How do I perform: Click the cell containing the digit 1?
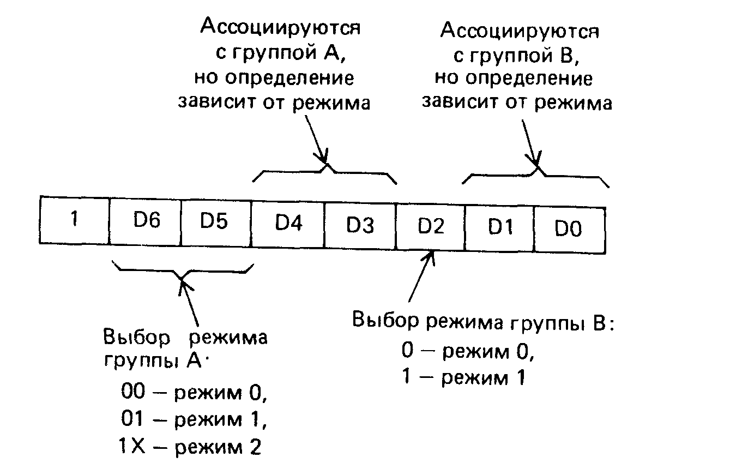coord(75,220)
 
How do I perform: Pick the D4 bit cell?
coord(288,224)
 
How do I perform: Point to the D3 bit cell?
coord(360,225)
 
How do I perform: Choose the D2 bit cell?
coord(431,226)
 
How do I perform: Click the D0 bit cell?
coord(569,229)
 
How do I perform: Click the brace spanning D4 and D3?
coord(325,171)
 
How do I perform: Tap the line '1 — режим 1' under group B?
coord(462,377)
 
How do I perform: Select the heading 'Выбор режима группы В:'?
coord(484,322)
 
